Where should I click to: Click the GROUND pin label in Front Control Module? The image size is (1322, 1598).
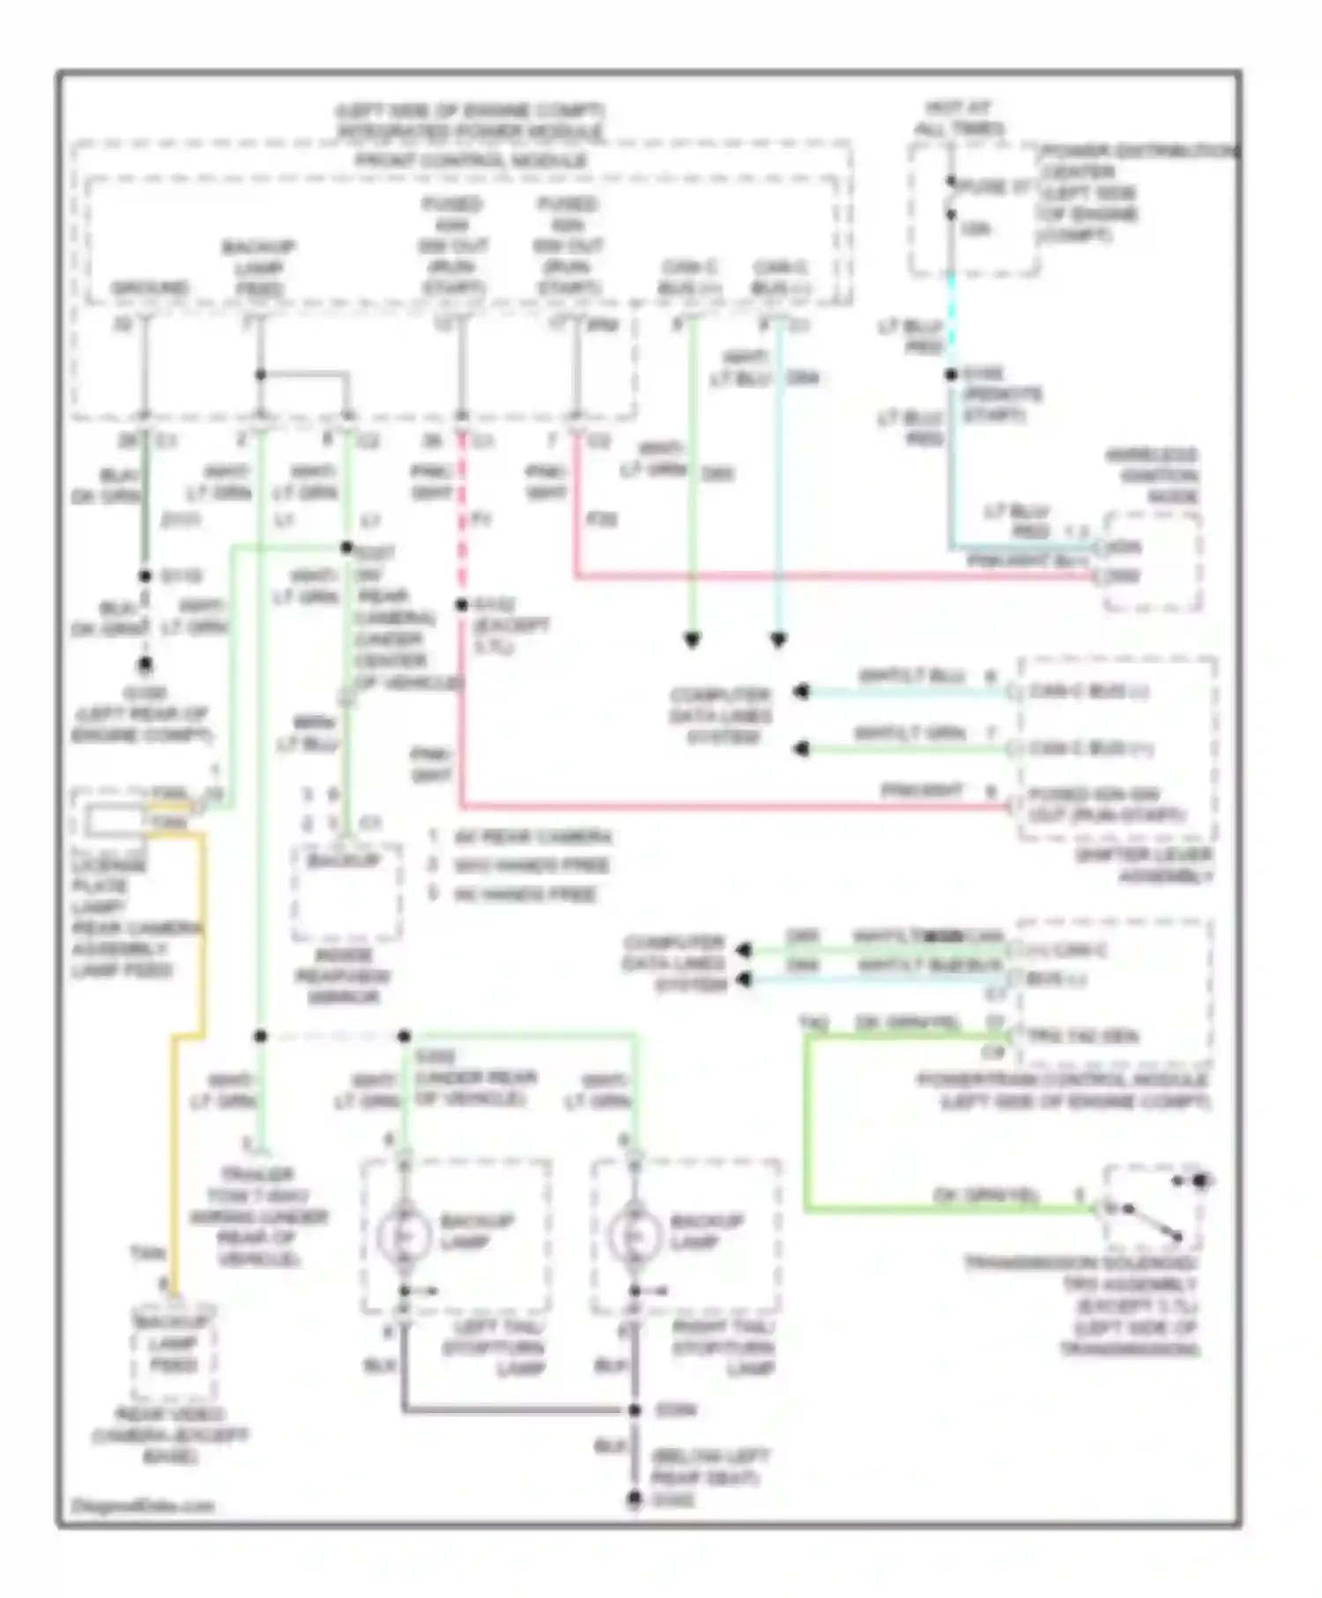pos(149,288)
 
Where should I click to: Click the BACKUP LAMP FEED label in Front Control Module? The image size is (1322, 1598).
pos(258,267)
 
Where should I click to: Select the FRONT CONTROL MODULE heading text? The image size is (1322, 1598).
pos(471,161)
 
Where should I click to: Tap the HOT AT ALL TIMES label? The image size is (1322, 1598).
pos(959,118)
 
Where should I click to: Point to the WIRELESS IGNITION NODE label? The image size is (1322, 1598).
pos(1152,476)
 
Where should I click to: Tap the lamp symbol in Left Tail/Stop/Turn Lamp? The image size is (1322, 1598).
pos(404,1236)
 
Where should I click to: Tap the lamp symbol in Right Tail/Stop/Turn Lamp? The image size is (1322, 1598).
pos(634,1236)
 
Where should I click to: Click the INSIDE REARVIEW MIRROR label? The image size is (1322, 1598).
pos(343,976)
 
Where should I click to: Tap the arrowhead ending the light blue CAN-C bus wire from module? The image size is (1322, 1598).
pos(778,640)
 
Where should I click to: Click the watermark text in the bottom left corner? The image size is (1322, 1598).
pos(143,1506)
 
